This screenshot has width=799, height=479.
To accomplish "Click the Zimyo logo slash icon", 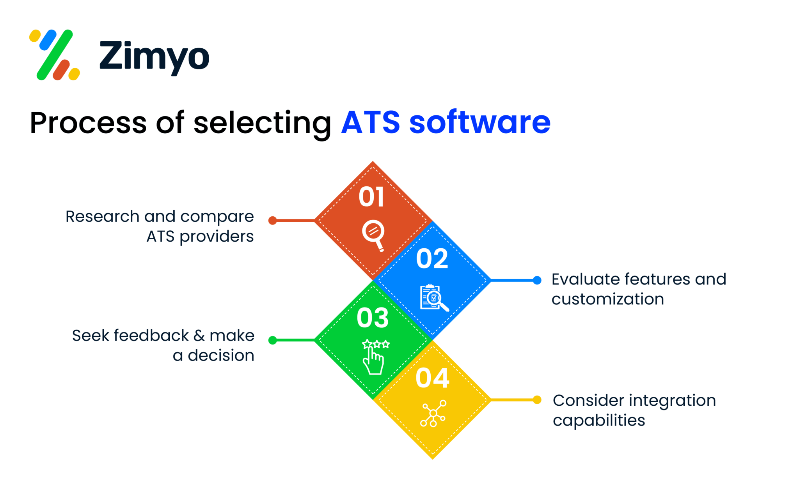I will (x=55, y=55).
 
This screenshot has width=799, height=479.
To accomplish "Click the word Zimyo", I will (x=154, y=57).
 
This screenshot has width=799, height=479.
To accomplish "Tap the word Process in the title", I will (x=88, y=123).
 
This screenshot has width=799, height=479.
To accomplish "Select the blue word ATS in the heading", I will (x=371, y=123).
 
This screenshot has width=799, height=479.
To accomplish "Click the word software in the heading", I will (x=480, y=123).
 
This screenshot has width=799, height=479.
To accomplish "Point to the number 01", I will (x=371, y=197).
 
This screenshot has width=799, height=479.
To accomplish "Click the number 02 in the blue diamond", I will (x=432, y=258).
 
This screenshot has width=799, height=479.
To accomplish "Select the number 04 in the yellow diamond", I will (x=432, y=378).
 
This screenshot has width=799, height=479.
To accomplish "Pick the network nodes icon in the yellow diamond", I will (x=433, y=414).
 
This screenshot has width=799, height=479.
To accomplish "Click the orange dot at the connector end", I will (x=273, y=221).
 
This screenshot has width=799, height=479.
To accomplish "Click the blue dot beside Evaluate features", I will (x=537, y=280).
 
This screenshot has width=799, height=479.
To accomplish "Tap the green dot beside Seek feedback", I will (x=273, y=340).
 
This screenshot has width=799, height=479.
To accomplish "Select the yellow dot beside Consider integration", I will (x=537, y=400).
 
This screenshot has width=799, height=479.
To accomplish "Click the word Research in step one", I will (x=102, y=216).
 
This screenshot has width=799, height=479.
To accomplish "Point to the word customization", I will (x=607, y=299).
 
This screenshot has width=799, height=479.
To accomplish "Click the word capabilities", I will (x=598, y=421).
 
